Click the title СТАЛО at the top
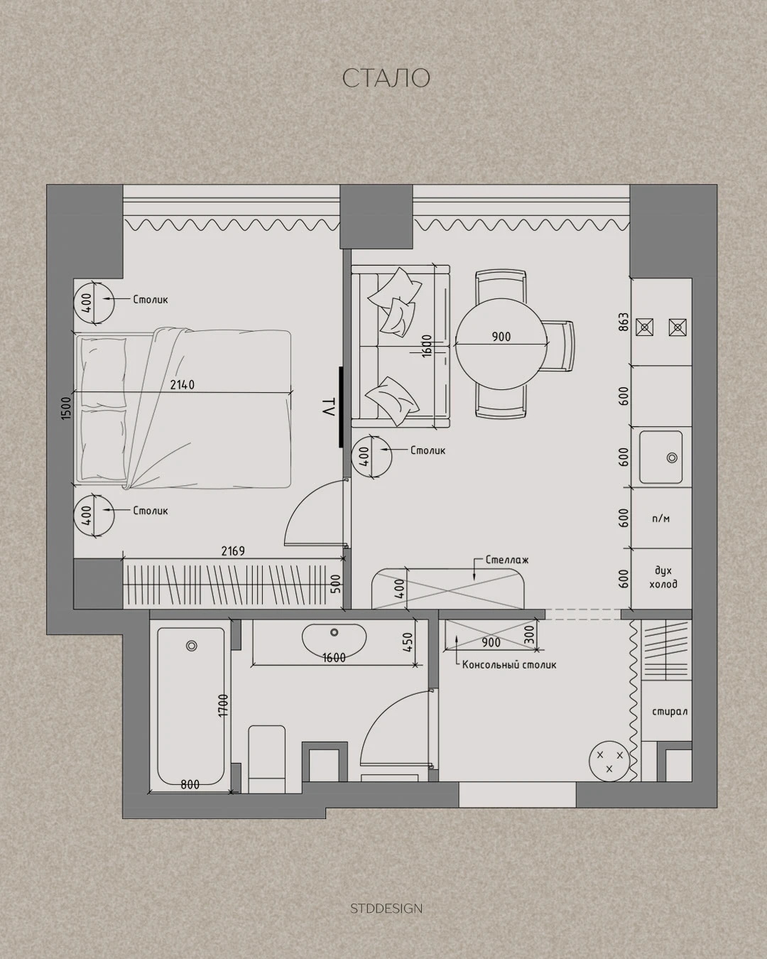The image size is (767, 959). (386, 78)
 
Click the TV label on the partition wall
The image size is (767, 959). (328, 407)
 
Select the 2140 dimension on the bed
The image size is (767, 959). (183, 384)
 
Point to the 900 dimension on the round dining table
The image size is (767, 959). (501, 337)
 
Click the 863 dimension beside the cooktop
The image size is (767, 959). (624, 322)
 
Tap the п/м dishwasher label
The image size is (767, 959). (660, 519)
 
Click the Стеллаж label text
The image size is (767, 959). (507, 560)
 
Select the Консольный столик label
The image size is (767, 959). (509, 678)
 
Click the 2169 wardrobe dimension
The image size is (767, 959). (233, 551)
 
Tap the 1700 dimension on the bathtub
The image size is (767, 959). (223, 705)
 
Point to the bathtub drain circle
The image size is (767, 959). (192, 646)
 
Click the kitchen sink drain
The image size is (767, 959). (672, 457)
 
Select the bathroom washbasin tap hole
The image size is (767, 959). (334, 632)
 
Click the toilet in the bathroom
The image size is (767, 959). (266, 753)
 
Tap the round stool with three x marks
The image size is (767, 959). (609, 761)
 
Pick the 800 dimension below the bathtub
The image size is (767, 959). (190, 784)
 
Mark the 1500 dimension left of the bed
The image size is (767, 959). (66, 407)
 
